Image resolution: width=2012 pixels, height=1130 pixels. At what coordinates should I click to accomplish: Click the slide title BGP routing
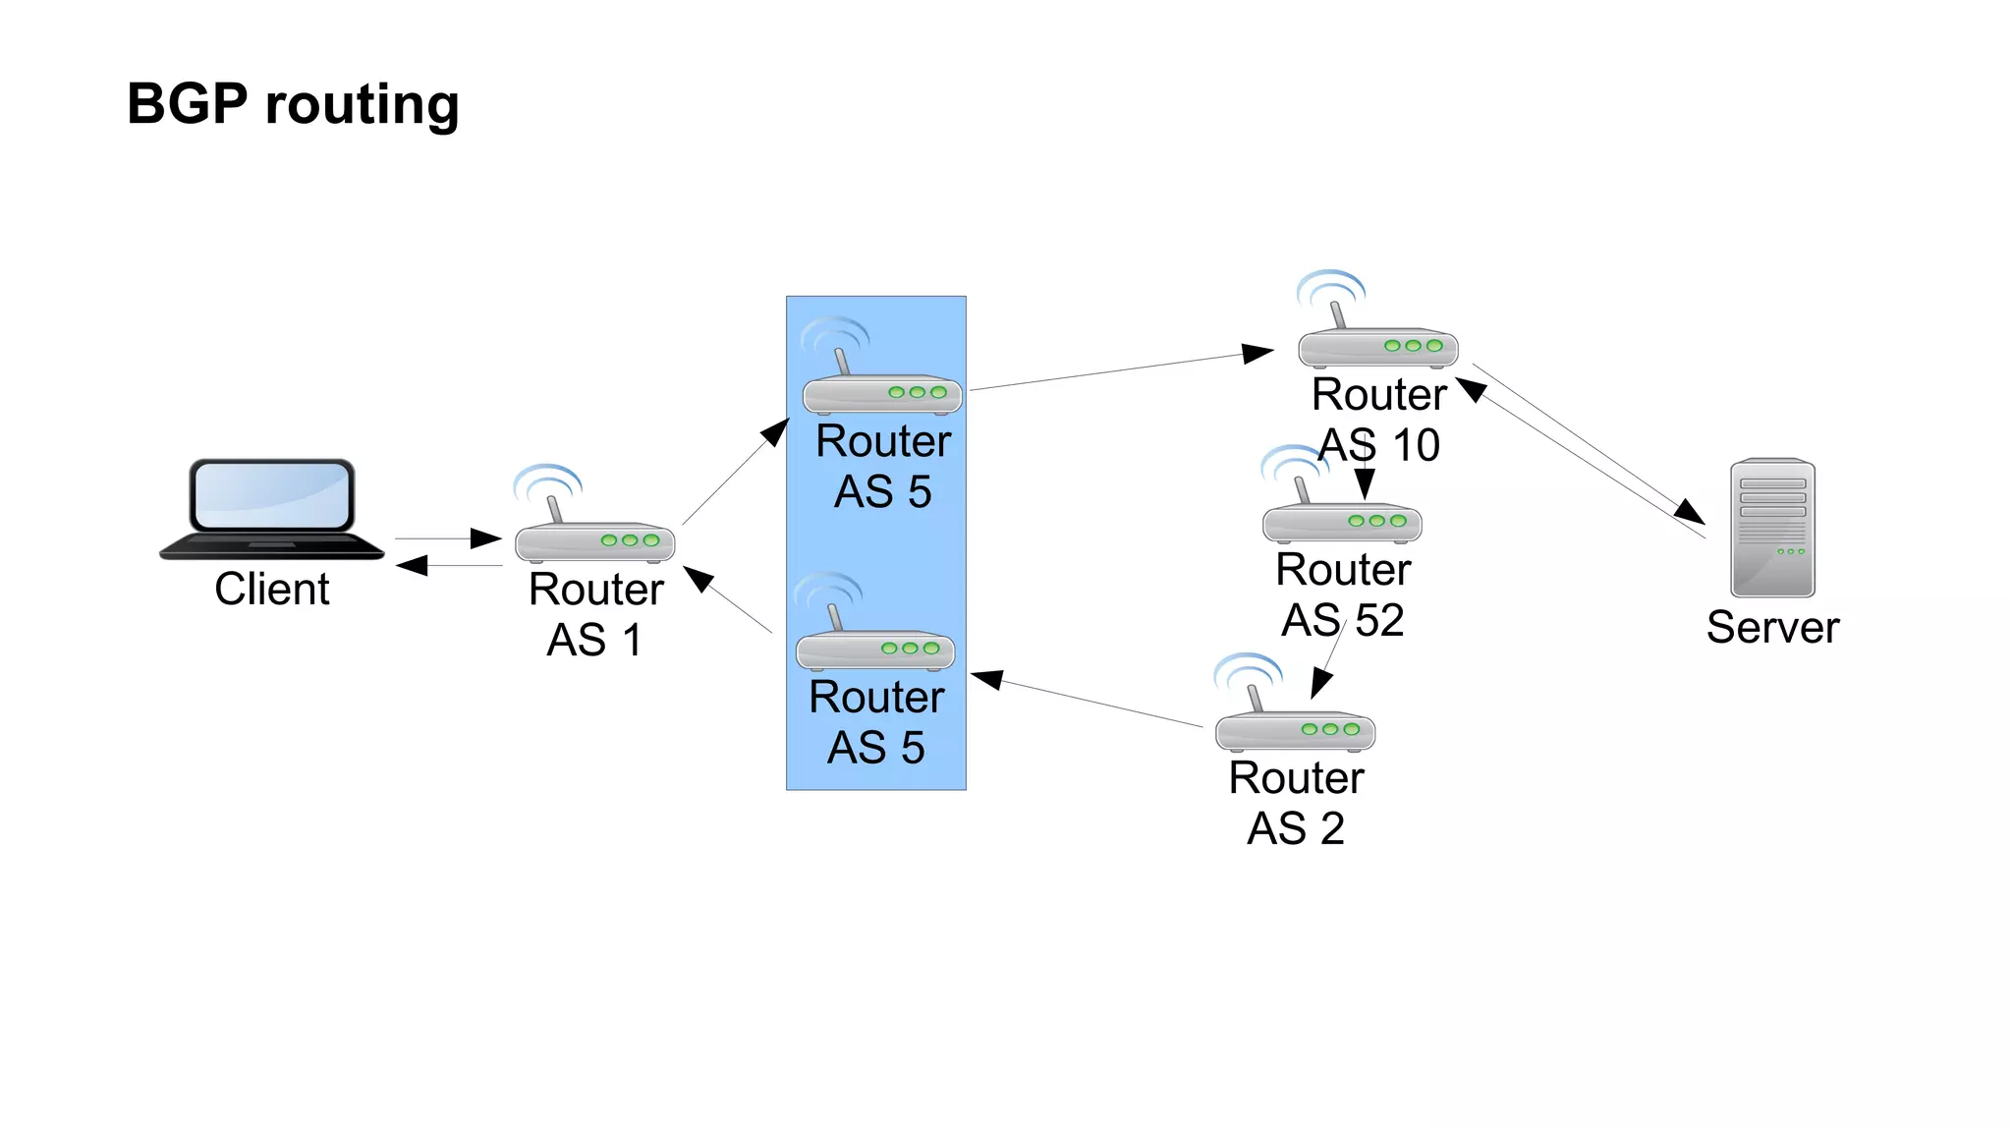coord(293,104)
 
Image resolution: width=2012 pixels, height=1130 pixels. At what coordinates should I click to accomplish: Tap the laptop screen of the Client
coord(272,495)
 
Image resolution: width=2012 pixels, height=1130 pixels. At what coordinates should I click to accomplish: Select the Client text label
coord(272,589)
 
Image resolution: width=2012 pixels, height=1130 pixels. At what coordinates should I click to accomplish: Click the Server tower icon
coord(1772,528)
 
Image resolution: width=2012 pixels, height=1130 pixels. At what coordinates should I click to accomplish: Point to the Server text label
coord(1772,627)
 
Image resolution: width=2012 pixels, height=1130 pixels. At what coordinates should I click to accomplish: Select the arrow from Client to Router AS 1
coord(449,538)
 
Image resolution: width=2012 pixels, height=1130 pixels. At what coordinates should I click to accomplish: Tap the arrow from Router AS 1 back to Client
coord(449,565)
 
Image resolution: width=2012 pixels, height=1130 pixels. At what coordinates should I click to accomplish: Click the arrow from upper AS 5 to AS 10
coord(1120,370)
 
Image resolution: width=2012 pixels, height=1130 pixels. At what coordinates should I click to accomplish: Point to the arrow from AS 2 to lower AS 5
coord(1086,700)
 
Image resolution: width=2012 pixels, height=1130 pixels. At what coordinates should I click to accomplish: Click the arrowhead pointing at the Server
coord(1690,512)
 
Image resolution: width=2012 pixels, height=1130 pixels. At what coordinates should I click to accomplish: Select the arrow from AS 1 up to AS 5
coord(735,472)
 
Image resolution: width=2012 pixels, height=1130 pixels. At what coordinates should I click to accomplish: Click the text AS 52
coord(1343,620)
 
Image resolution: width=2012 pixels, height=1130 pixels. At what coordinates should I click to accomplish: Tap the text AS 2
coord(1295,828)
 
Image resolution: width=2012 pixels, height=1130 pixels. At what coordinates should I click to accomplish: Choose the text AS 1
coord(594,641)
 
